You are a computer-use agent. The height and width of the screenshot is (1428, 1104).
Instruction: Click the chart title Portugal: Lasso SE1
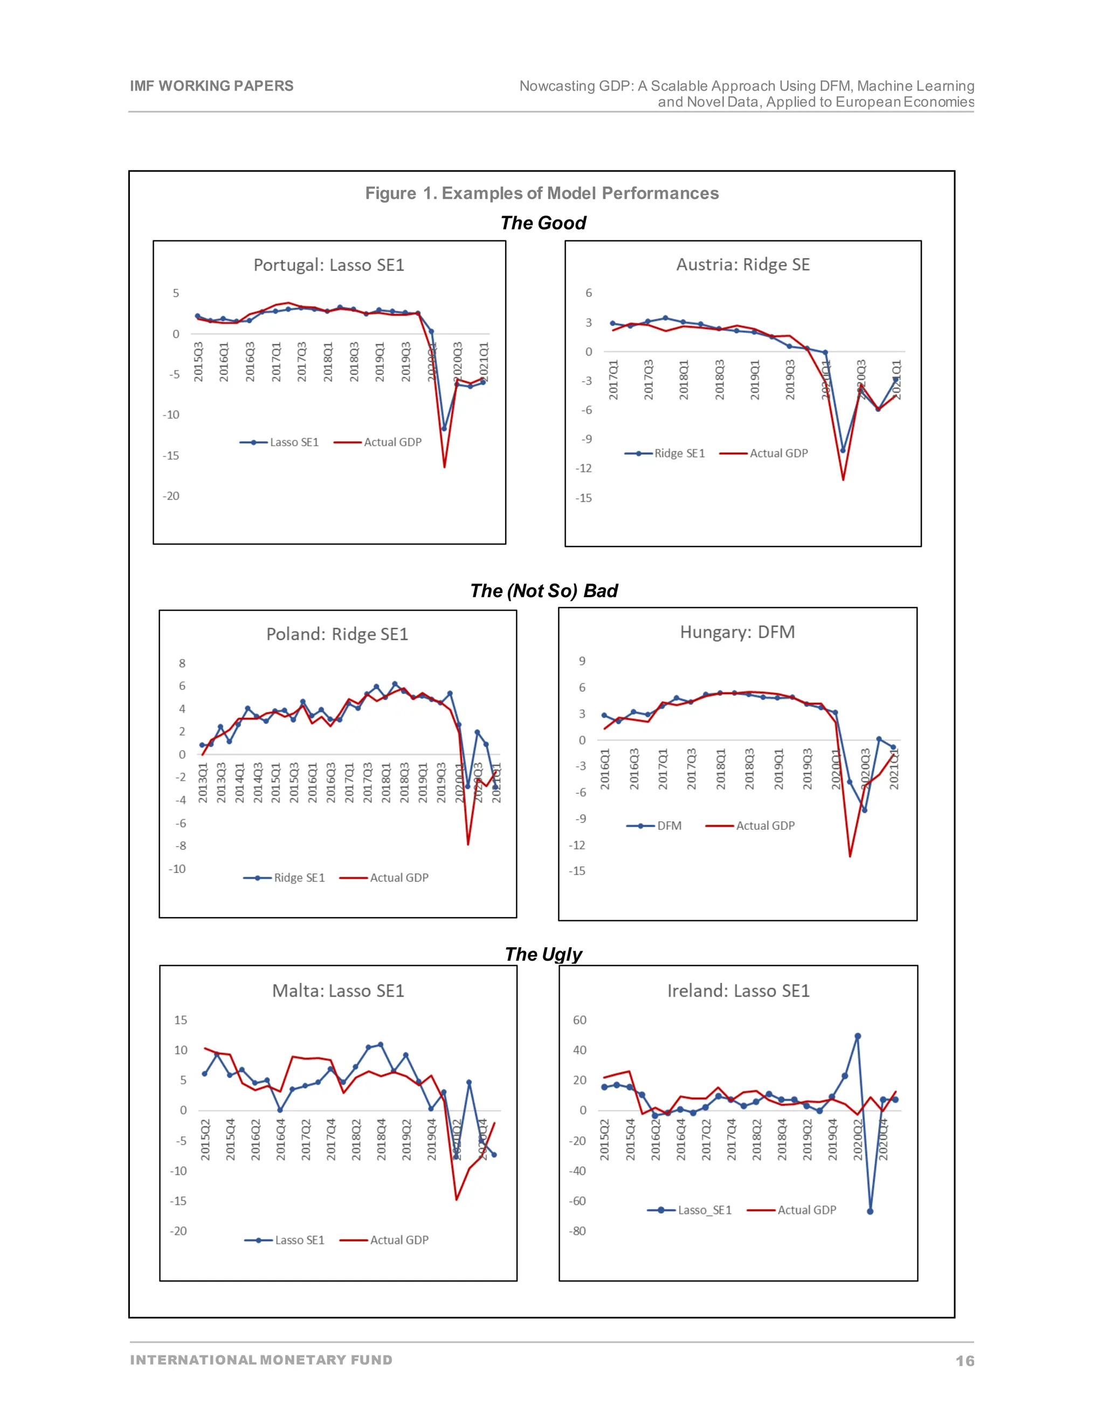(x=329, y=265)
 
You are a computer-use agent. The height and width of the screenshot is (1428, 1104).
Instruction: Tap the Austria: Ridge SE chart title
(x=742, y=264)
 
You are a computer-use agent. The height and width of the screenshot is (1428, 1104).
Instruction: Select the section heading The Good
(x=543, y=223)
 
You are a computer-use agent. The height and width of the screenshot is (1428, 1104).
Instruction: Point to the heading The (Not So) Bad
(x=543, y=591)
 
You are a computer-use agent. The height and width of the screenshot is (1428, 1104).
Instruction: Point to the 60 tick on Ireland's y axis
(x=579, y=1020)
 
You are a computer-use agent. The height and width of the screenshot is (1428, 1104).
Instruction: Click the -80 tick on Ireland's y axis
(x=577, y=1231)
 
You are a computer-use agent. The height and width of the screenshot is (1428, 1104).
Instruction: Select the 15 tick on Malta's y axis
(x=181, y=1020)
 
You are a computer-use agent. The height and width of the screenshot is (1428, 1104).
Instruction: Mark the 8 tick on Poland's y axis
(x=182, y=663)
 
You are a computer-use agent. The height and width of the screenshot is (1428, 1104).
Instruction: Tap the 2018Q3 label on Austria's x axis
(x=720, y=379)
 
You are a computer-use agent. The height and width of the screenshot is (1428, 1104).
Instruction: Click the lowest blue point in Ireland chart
(x=870, y=1211)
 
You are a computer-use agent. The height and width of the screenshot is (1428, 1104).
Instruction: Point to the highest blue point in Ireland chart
(x=858, y=1036)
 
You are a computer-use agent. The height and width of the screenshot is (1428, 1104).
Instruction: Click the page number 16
(x=965, y=1361)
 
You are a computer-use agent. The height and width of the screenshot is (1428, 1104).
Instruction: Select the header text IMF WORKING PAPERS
(x=211, y=86)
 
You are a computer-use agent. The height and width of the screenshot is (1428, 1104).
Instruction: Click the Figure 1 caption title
(x=542, y=193)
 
